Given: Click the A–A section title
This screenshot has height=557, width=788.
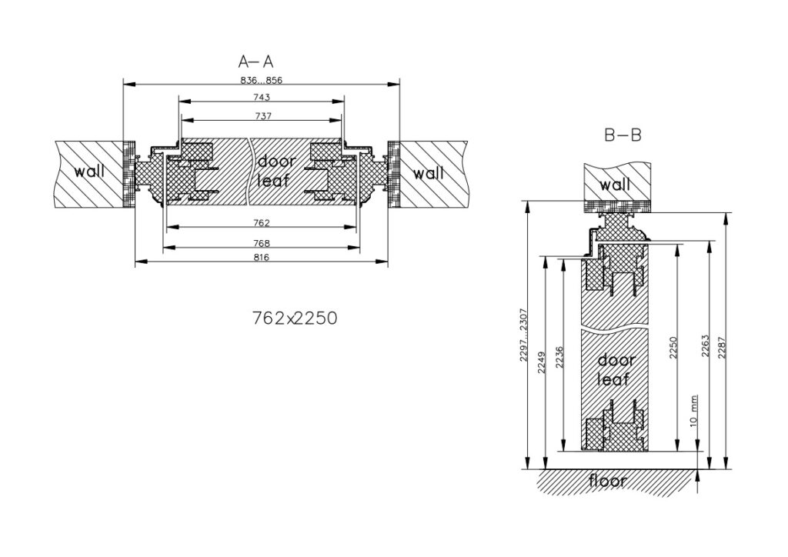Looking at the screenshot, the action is click(255, 62).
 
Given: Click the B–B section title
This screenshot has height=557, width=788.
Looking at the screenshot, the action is click(623, 135).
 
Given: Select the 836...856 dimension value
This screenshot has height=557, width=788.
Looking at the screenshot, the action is click(262, 80).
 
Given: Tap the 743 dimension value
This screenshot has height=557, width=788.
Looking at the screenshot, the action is click(262, 97).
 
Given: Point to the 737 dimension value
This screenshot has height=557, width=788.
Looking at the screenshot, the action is click(263, 116).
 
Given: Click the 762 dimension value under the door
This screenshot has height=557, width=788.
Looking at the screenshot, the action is click(262, 222).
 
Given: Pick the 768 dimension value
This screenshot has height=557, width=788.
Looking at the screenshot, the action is click(262, 244).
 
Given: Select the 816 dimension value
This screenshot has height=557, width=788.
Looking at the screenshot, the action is click(262, 258).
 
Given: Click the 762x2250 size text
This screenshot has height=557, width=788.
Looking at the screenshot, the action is click(295, 318).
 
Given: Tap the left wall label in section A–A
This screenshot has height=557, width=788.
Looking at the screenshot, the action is click(90, 172).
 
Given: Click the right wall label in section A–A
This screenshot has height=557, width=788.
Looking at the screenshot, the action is click(429, 173).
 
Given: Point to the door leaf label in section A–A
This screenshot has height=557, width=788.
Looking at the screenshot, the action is click(276, 171).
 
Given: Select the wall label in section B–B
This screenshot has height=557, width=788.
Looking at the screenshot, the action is click(615, 185).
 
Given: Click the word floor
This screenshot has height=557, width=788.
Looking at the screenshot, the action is click(608, 481).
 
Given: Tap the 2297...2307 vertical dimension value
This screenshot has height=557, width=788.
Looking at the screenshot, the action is click(523, 335).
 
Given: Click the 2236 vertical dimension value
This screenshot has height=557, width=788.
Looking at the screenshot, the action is click(559, 358).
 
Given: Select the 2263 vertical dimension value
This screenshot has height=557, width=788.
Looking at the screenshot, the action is click(705, 346).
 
